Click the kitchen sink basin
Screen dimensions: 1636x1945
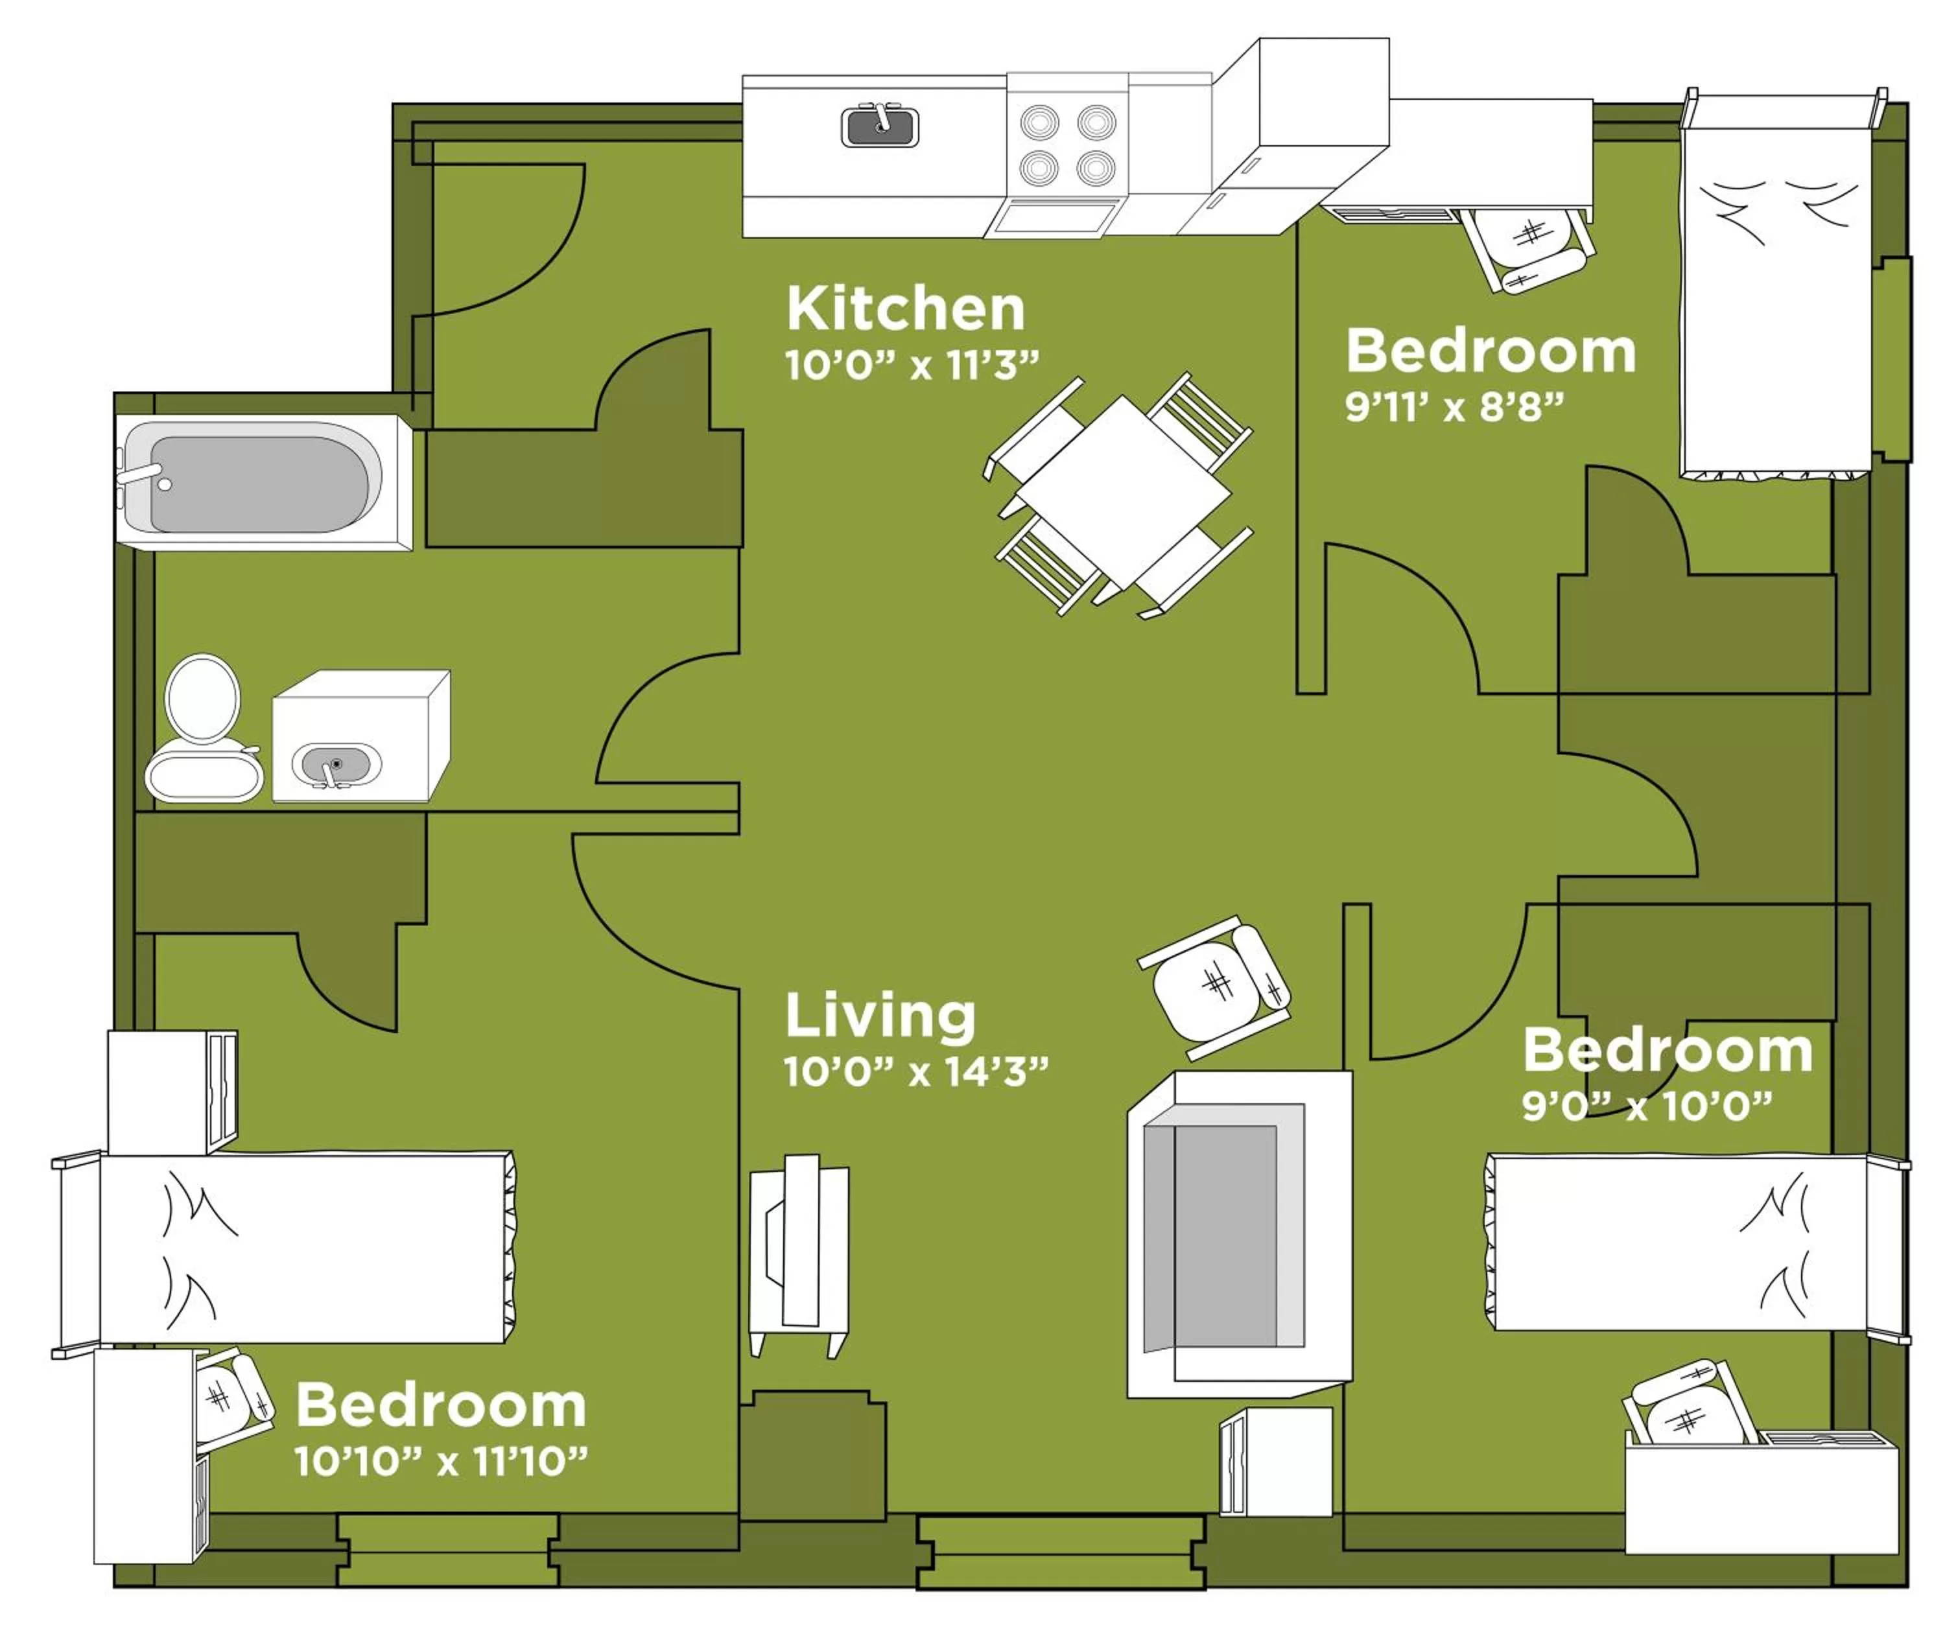coord(879,128)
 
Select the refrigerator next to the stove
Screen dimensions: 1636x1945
coord(1299,139)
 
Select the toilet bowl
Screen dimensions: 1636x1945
coord(202,700)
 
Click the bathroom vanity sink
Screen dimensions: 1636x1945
coord(336,764)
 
